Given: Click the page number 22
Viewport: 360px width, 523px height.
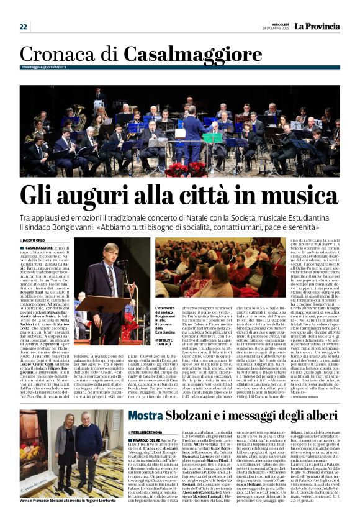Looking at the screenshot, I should pos(24,27).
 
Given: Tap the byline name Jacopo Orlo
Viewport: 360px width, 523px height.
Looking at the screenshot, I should pos(33,240).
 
